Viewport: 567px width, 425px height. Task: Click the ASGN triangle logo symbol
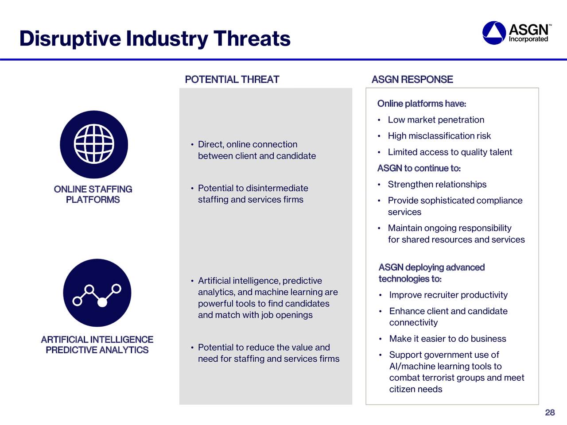point(494,33)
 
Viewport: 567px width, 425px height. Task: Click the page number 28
point(550,412)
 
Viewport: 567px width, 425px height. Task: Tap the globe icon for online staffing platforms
point(94,144)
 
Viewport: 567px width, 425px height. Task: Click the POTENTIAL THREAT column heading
point(232,80)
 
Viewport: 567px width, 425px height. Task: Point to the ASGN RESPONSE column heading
point(412,80)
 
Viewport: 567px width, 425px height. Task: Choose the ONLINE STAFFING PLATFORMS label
point(93,194)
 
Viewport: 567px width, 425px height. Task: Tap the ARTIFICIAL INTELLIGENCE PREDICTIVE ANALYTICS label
point(97,344)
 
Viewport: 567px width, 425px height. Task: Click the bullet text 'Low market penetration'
point(436,120)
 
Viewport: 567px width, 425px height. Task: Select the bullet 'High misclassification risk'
point(439,136)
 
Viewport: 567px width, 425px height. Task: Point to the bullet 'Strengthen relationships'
point(437,184)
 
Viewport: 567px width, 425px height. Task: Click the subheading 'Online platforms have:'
point(422,104)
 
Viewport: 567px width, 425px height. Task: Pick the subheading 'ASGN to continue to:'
point(419,168)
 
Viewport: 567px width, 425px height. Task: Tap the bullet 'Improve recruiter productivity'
point(448,295)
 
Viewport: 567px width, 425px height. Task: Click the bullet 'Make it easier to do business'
point(447,339)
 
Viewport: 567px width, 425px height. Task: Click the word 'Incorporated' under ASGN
point(528,39)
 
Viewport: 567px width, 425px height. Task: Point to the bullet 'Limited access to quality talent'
point(450,152)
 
